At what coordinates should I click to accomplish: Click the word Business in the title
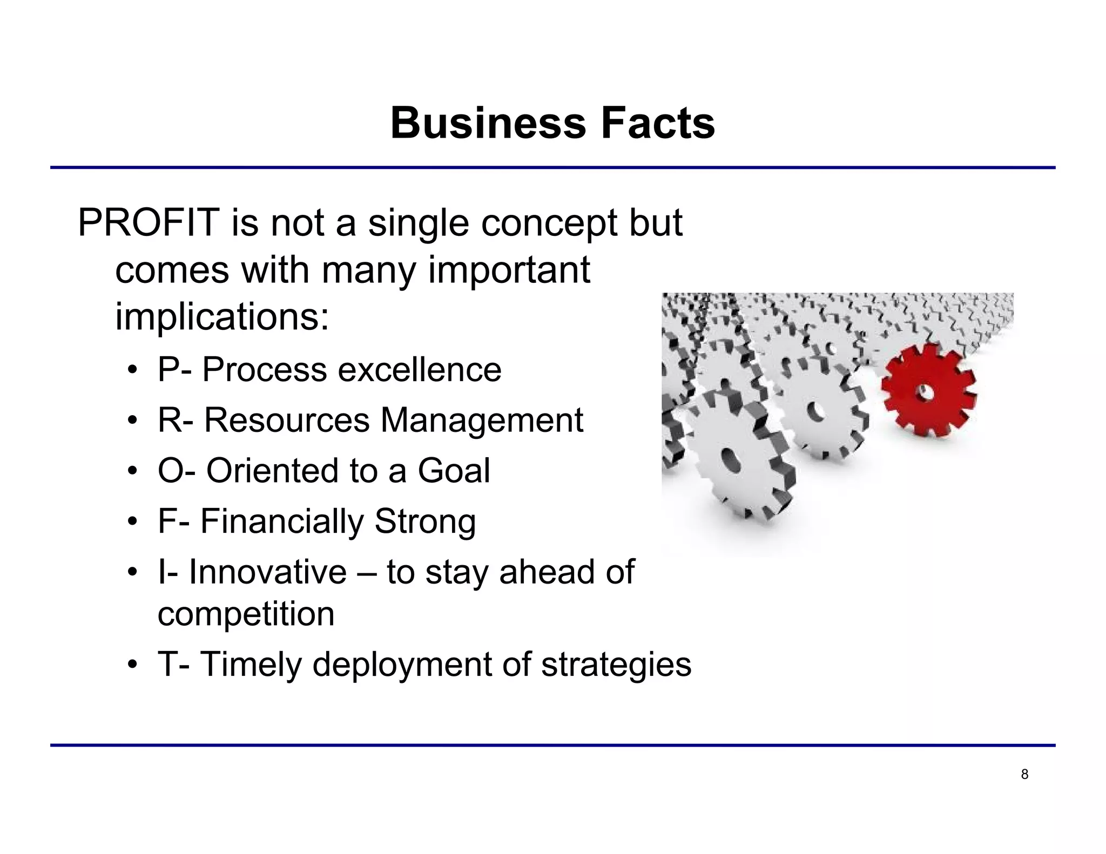pos(488,124)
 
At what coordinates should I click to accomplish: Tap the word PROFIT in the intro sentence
pos(149,223)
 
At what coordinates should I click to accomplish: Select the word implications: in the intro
pos(222,317)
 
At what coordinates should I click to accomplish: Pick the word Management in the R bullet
pos(482,421)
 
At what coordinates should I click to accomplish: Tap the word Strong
pos(424,522)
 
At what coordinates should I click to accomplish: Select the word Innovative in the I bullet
pos(267,572)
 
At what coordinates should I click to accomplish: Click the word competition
pos(246,614)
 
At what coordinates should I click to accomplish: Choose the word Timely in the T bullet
pos(251,665)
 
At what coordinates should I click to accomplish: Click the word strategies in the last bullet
pos(616,665)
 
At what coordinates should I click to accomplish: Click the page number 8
pos(1024,775)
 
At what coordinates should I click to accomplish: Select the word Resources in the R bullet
pos(286,421)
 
